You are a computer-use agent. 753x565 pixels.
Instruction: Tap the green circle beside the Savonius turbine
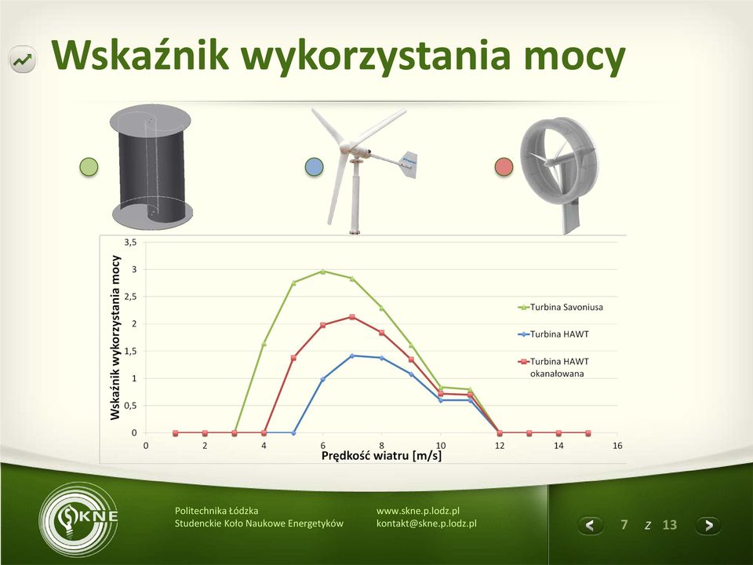[x=89, y=166]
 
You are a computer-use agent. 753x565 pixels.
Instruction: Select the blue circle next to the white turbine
[x=314, y=166]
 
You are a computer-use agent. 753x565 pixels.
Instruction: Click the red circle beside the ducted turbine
[x=504, y=166]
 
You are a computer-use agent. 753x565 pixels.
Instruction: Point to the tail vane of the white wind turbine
[x=407, y=164]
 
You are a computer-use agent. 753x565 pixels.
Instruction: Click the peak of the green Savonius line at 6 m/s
[x=322, y=272]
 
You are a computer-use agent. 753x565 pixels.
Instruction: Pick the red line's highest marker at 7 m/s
[x=352, y=317]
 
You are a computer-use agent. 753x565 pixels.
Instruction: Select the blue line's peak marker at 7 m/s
[x=352, y=356]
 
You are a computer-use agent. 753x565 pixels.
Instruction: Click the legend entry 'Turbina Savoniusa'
[x=560, y=307]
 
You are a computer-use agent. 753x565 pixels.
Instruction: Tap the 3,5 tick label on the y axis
[x=131, y=242]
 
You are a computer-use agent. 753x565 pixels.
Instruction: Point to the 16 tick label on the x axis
[x=617, y=446]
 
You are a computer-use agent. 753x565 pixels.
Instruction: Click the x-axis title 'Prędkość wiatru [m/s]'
[x=381, y=455]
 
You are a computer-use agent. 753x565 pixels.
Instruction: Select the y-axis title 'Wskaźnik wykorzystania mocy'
[x=115, y=337]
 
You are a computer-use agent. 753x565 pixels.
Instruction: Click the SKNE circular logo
[x=78, y=519]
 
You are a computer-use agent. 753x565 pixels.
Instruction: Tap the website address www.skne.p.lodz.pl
[x=418, y=511]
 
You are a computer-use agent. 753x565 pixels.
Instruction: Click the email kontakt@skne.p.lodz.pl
[x=427, y=523]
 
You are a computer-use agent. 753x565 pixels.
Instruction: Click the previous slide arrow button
[x=590, y=525]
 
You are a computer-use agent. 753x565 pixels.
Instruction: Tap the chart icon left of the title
[x=23, y=60]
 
